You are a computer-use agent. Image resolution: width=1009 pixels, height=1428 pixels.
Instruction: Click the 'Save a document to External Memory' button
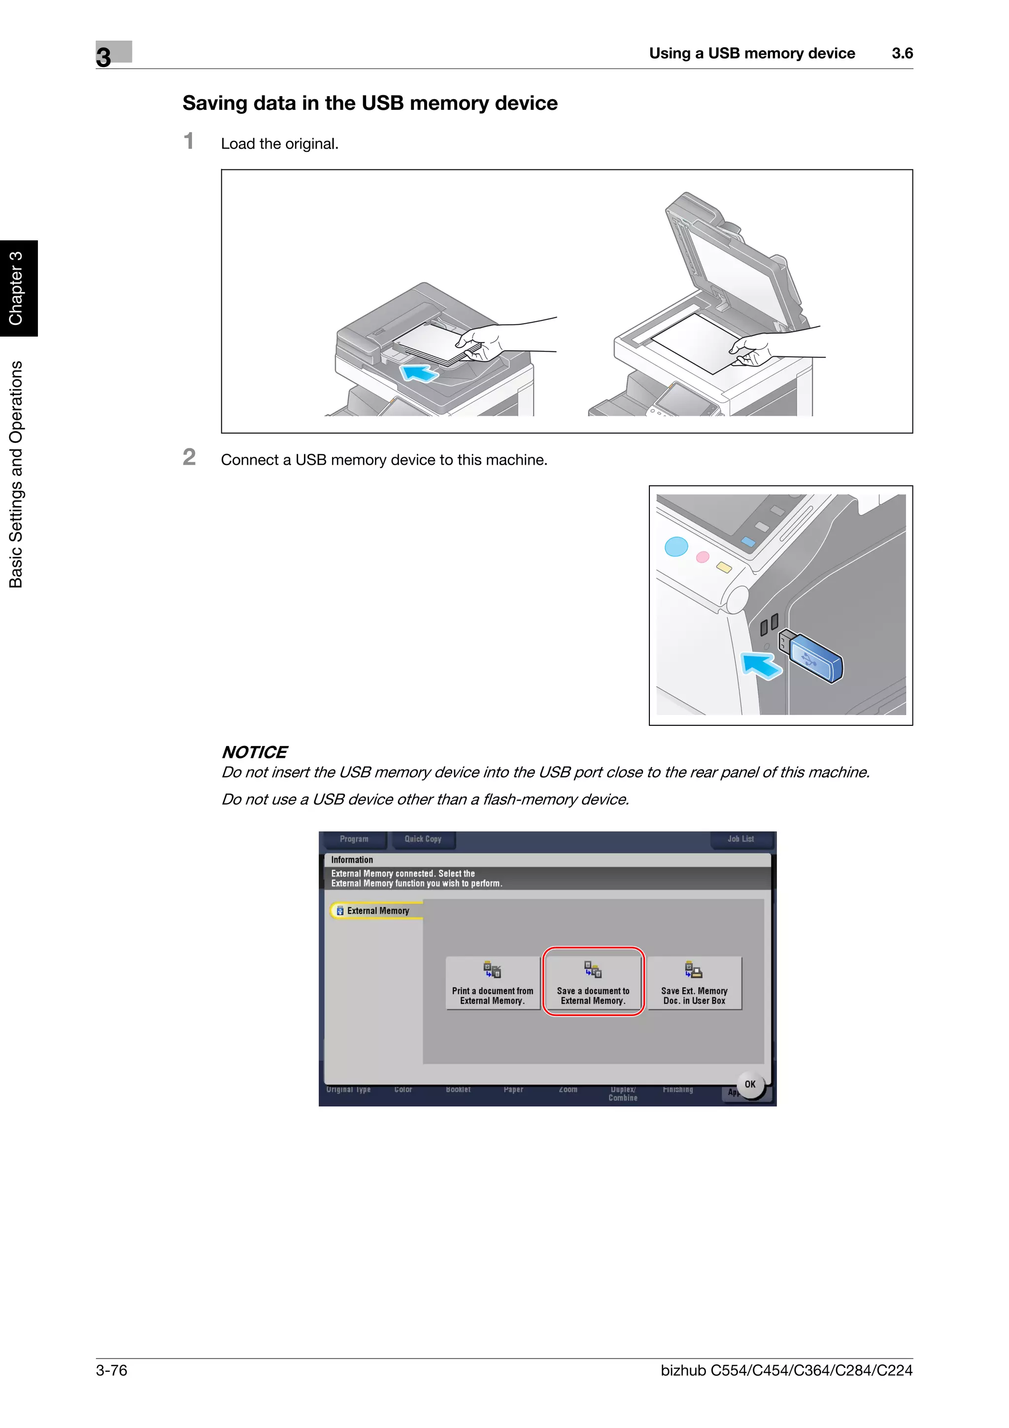point(593,982)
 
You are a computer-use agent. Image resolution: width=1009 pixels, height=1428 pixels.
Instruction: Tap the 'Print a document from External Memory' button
point(492,983)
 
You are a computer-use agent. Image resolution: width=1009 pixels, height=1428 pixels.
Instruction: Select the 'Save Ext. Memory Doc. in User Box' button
point(694,983)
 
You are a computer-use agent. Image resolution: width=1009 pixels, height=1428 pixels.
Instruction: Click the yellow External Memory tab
point(376,911)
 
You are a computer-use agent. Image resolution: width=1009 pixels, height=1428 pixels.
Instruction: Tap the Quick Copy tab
point(423,839)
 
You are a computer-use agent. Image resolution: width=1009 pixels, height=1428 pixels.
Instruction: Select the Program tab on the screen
point(354,839)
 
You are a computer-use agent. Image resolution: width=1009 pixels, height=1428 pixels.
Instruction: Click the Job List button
point(740,839)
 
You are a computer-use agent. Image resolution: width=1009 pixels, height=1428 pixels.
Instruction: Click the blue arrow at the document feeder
point(419,373)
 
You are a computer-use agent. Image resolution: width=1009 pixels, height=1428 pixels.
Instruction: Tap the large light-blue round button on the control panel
point(676,546)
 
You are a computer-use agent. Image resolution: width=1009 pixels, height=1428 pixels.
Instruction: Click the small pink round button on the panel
point(703,557)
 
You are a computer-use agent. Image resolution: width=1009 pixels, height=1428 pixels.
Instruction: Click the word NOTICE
point(254,752)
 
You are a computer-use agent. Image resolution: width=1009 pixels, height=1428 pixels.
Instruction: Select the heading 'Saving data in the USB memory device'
point(370,103)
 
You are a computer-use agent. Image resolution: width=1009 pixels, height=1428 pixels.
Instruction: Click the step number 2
point(189,457)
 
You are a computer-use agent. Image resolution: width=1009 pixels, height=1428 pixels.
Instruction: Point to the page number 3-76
point(112,1370)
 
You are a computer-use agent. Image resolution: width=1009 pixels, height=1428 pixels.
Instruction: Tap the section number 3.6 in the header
point(902,54)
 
